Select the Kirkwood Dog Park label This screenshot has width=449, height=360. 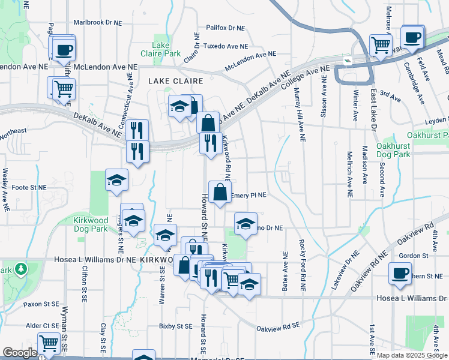[x=90, y=225]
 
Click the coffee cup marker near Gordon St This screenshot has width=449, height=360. [x=400, y=273]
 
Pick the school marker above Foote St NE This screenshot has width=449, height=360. [x=116, y=179]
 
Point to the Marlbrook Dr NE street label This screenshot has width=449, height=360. [x=97, y=22]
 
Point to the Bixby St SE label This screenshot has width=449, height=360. [x=175, y=326]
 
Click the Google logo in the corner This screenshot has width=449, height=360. [x=20, y=353]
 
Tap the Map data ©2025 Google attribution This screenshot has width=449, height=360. [x=412, y=355]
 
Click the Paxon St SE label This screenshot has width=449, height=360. [x=40, y=304]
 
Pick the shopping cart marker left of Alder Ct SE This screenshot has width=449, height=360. [x=48, y=344]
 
